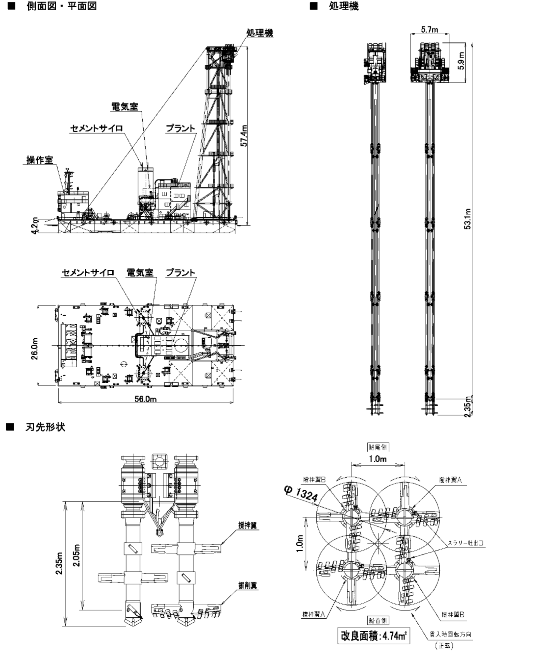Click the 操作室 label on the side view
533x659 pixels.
coord(40,160)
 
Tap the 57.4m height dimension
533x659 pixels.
coord(244,136)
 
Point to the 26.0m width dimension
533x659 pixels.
coord(34,349)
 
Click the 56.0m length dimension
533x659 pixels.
coord(146,399)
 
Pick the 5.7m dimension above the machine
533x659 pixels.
coord(429,30)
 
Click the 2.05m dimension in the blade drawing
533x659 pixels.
coord(77,555)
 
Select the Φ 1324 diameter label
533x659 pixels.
coord(301,494)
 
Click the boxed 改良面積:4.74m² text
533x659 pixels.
coord(373,636)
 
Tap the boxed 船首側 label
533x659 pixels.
coord(378,620)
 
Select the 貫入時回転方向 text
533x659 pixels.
coord(450,634)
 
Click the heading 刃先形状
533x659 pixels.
coord(45,427)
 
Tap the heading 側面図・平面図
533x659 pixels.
coord(62,6)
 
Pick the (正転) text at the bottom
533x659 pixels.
coord(444,646)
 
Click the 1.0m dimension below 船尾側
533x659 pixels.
coord(377,459)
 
